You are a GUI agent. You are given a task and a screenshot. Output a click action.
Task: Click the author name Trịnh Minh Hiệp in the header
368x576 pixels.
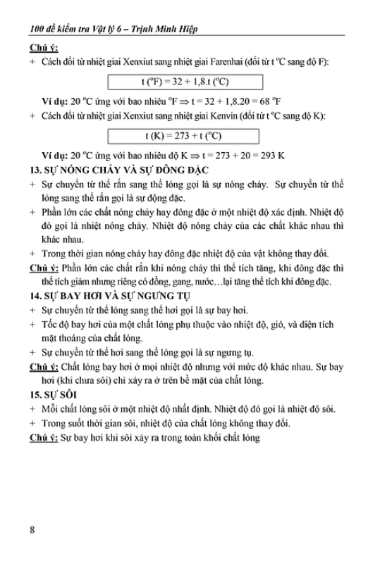(168, 30)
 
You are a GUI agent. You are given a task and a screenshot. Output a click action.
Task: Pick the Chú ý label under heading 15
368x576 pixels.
(43, 438)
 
